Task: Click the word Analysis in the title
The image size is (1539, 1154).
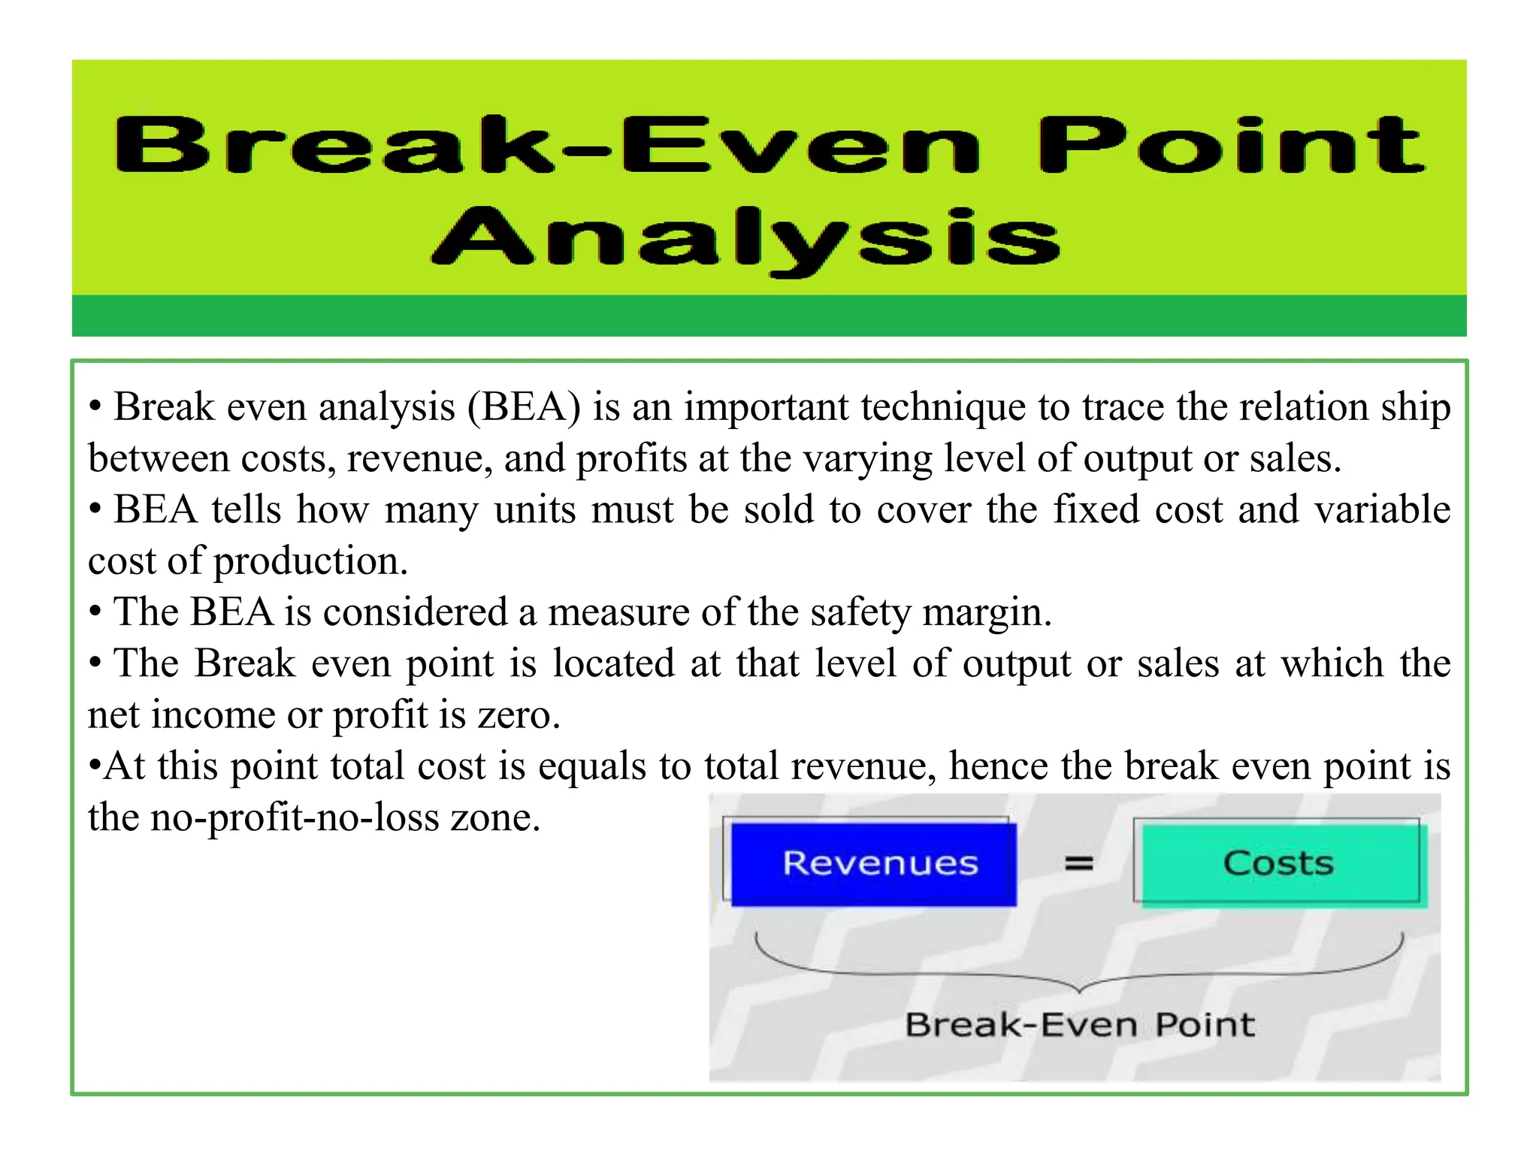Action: tap(745, 239)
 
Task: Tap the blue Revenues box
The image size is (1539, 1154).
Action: tap(873, 864)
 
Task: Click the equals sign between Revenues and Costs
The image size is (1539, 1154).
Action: tap(1078, 864)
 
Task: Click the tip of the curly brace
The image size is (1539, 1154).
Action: tap(1079, 991)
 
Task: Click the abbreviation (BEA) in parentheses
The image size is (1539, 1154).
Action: tap(524, 408)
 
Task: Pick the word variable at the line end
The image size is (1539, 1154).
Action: tap(1382, 510)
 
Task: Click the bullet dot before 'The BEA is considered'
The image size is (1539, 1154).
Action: tap(95, 612)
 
